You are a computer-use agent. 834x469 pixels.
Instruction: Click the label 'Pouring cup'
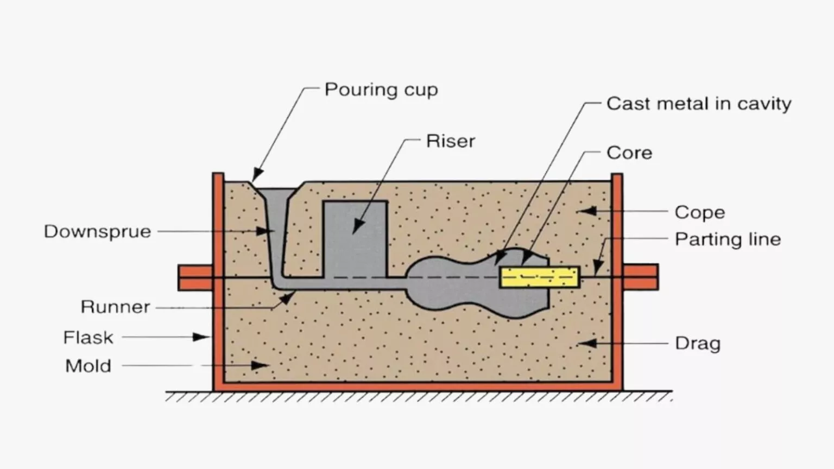coord(381,90)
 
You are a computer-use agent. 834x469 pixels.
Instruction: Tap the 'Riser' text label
coord(450,141)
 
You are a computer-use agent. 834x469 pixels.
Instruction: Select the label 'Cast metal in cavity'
coord(698,104)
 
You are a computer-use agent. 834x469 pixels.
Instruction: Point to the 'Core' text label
coord(629,153)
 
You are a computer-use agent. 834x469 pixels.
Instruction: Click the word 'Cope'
coord(699,212)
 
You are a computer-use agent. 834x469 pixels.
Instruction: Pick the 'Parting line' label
coord(728,239)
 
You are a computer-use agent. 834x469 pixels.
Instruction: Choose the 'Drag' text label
coord(697,344)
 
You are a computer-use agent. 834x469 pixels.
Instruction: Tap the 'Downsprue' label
coord(98,232)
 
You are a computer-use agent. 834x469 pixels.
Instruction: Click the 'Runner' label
coord(115,307)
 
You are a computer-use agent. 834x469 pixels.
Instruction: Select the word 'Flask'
coord(88,338)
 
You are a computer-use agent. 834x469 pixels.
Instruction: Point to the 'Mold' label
coord(88,366)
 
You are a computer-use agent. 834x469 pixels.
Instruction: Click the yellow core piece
coord(539,277)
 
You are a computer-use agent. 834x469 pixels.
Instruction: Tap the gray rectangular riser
coord(355,239)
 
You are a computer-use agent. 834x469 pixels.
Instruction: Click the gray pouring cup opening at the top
coord(277,194)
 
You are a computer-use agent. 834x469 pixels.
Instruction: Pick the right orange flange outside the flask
coord(641,277)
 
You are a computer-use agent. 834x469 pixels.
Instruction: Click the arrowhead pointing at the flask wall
coord(203,337)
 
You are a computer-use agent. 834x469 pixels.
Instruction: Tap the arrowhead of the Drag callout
coord(589,343)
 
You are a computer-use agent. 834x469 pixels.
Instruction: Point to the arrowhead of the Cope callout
coord(587,211)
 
